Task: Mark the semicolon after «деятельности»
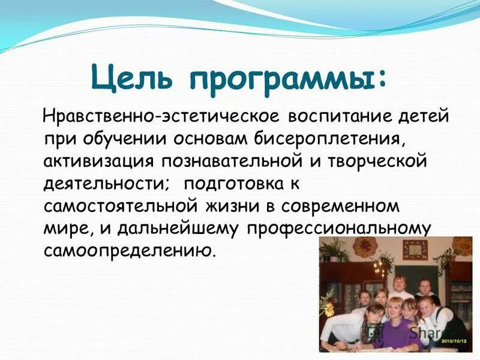pyautogui.click(x=170, y=183)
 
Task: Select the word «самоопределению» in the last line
pyautogui.click(x=127, y=250)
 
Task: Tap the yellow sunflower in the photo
pyautogui.click(x=328, y=309)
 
